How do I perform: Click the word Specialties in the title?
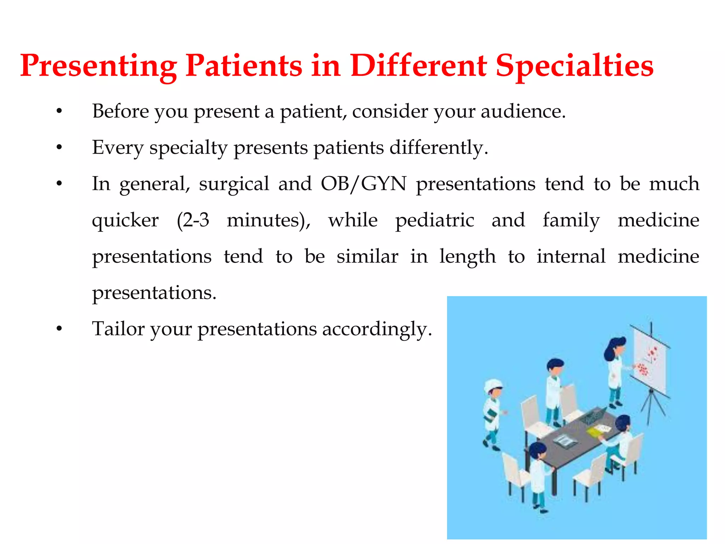(x=574, y=66)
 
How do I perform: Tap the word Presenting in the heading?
(x=98, y=66)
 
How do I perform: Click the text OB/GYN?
(x=364, y=184)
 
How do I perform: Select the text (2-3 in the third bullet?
(x=193, y=220)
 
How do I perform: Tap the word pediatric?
(x=434, y=220)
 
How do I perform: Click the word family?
(x=571, y=220)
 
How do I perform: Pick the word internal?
(x=571, y=256)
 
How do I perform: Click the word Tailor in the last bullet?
(x=118, y=329)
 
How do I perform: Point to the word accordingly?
(x=377, y=329)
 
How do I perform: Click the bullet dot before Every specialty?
(x=59, y=147)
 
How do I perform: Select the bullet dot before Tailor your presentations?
(x=59, y=329)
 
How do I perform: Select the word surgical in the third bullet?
(x=234, y=184)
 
